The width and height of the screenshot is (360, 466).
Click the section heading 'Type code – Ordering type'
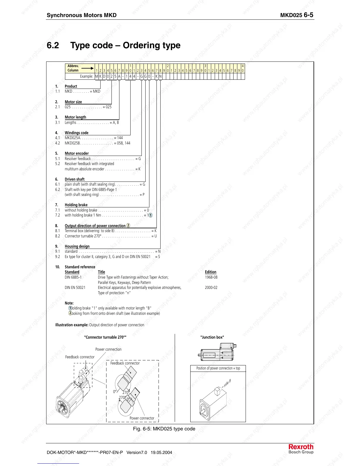pyautogui.click(x=125, y=45)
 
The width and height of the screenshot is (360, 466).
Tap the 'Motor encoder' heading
pyautogui.click(x=76, y=153)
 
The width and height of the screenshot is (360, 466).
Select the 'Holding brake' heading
pyautogui.click(x=76, y=205)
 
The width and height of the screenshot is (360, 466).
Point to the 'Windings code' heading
pyautogui.click(x=76, y=133)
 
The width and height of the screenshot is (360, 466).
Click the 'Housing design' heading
pyautogui.click(x=77, y=246)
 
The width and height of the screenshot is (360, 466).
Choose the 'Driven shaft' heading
pyautogui.click(x=74, y=179)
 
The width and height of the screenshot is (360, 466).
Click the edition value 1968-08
pyautogui.click(x=211, y=277)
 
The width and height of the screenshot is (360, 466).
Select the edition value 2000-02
pyautogui.click(x=211, y=287)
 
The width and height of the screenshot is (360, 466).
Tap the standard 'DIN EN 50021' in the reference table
pyautogui.click(x=75, y=287)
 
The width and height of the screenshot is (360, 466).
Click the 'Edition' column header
pyautogui.click(x=210, y=272)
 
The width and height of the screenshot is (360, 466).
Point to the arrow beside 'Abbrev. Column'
pyautogui.click(x=87, y=68)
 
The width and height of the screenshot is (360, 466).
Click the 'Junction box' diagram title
pyautogui.click(x=212, y=337)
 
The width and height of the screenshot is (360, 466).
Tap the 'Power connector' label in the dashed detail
pyautogui.click(x=142, y=418)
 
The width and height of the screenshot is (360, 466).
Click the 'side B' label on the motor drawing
pyautogui.click(x=227, y=383)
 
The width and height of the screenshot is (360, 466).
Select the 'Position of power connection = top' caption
pyautogui.click(x=218, y=368)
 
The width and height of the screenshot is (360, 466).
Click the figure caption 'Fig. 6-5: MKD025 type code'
pyautogui.click(x=164, y=429)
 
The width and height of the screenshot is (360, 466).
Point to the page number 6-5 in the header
pyautogui.click(x=308, y=15)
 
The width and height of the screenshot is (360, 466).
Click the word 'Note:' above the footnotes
pyautogui.click(x=69, y=303)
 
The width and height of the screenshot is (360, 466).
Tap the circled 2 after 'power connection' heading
pyautogui.click(x=128, y=225)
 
